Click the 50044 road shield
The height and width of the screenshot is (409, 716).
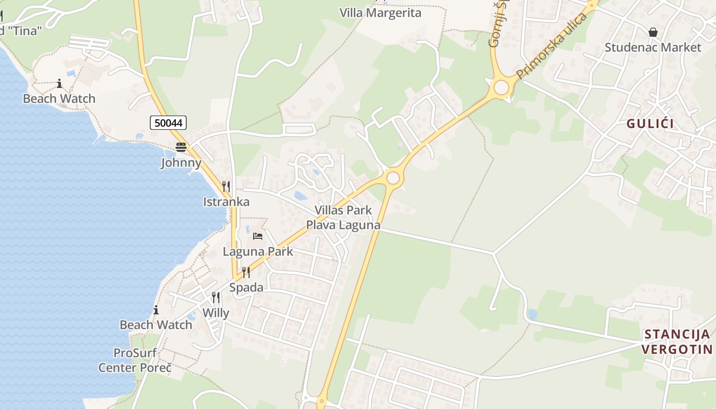[168, 123]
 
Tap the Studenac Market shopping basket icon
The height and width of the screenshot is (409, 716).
[653, 32]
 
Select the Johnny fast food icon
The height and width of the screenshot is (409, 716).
[181, 147]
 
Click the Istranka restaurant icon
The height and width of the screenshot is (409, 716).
[226, 186]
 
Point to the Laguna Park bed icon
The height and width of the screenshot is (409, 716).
[258, 236]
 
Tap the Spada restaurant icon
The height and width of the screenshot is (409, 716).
[246, 272]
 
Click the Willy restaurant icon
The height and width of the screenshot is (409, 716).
[216, 297]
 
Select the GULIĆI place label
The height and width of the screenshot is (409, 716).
[650, 124]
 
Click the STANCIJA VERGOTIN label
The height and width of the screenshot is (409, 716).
[677, 342]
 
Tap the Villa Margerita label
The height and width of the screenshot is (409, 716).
[381, 13]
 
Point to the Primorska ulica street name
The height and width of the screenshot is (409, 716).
[551, 47]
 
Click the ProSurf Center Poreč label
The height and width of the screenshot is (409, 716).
[135, 360]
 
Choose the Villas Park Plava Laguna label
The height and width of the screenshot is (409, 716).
[343, 217]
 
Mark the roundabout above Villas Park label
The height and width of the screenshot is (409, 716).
[393, 178]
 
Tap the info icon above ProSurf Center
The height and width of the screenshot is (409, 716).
[155, 310]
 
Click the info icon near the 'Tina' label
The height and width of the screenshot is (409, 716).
[59, 83]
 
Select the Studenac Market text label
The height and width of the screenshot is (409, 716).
[653, 48]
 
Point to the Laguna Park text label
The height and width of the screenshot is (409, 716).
[258, 252]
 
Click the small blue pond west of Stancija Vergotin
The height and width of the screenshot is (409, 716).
[532, 314]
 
